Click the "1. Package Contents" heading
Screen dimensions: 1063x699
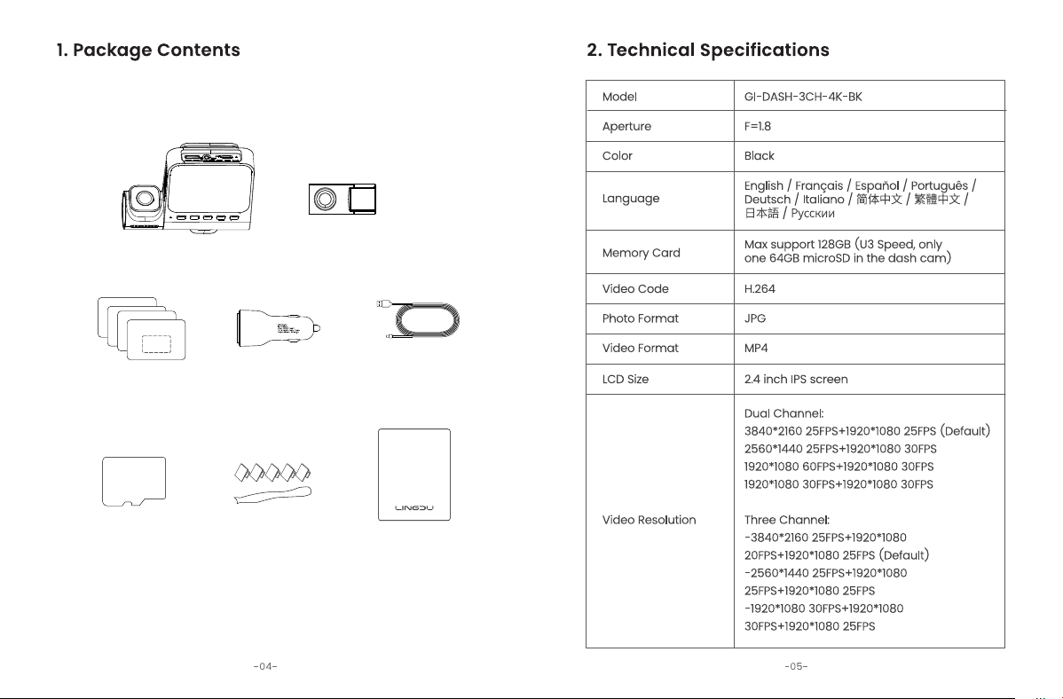148,51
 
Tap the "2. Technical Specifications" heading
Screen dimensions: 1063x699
708,51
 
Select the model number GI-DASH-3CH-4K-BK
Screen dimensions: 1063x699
803,97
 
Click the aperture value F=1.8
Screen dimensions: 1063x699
757,126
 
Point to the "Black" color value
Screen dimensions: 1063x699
759,156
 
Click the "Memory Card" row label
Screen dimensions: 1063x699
641,253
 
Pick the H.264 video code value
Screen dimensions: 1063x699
760,289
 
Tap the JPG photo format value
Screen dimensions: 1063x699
754,318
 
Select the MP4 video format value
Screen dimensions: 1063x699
756,349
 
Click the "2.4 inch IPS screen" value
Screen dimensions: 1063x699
796,380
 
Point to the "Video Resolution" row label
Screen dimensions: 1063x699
649,520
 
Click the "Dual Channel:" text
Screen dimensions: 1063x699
783,413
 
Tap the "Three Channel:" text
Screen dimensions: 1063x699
786,520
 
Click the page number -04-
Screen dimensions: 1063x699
265,666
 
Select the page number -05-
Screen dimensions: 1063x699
796,666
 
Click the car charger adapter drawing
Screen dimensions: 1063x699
278,329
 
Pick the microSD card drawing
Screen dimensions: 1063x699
134,482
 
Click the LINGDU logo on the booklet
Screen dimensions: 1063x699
414,507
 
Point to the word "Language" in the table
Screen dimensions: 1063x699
631,199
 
